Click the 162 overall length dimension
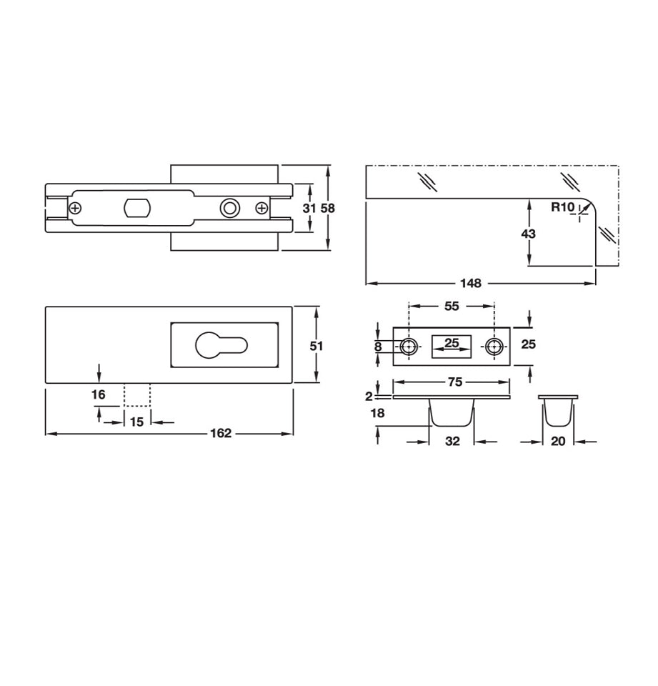[x=221, y=434]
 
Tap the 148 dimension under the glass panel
[x=470, y=283]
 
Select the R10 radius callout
[x=562, y=208]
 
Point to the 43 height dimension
[x=529, y=234]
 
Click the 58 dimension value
[x=327, y=208]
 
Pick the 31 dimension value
[x=309, y=208]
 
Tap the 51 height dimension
[x=316, y=345]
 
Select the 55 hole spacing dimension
[x=452, y=306]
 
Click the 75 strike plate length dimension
[x=454, y=382]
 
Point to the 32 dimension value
[x=452, y=442]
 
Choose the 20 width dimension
[x=559, y=442]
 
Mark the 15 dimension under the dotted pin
[x=136, y=422]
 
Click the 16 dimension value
[x=98, y=394]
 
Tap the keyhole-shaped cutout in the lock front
[x=221, y=344]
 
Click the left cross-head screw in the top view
[x=75, y=208]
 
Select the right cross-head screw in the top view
[x=261, y=208]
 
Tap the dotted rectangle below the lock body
[x=136, y=395]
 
